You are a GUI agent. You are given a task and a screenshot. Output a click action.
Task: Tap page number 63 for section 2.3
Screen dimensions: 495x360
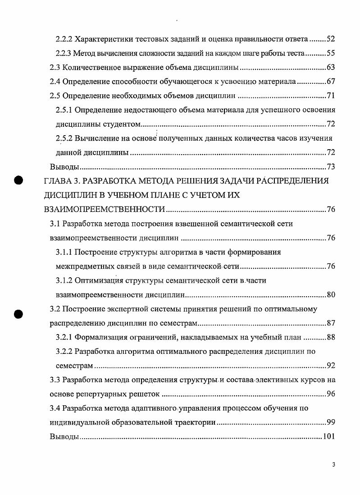330,68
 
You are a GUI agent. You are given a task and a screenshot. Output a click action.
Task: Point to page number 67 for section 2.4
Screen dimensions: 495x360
330,82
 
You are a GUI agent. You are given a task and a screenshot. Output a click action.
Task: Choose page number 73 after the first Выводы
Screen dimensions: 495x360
330,167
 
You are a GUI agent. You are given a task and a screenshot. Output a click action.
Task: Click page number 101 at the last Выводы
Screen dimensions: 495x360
329,437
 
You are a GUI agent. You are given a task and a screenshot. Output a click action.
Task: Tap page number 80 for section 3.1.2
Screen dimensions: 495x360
330,295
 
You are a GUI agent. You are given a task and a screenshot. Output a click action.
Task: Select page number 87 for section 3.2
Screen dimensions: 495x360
330,324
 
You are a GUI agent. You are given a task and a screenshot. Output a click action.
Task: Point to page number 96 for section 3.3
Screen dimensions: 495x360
330,394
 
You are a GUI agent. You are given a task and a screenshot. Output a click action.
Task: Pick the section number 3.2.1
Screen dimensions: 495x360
64,338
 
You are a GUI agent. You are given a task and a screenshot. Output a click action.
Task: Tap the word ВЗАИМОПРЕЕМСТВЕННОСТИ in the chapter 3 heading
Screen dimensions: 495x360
104,210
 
